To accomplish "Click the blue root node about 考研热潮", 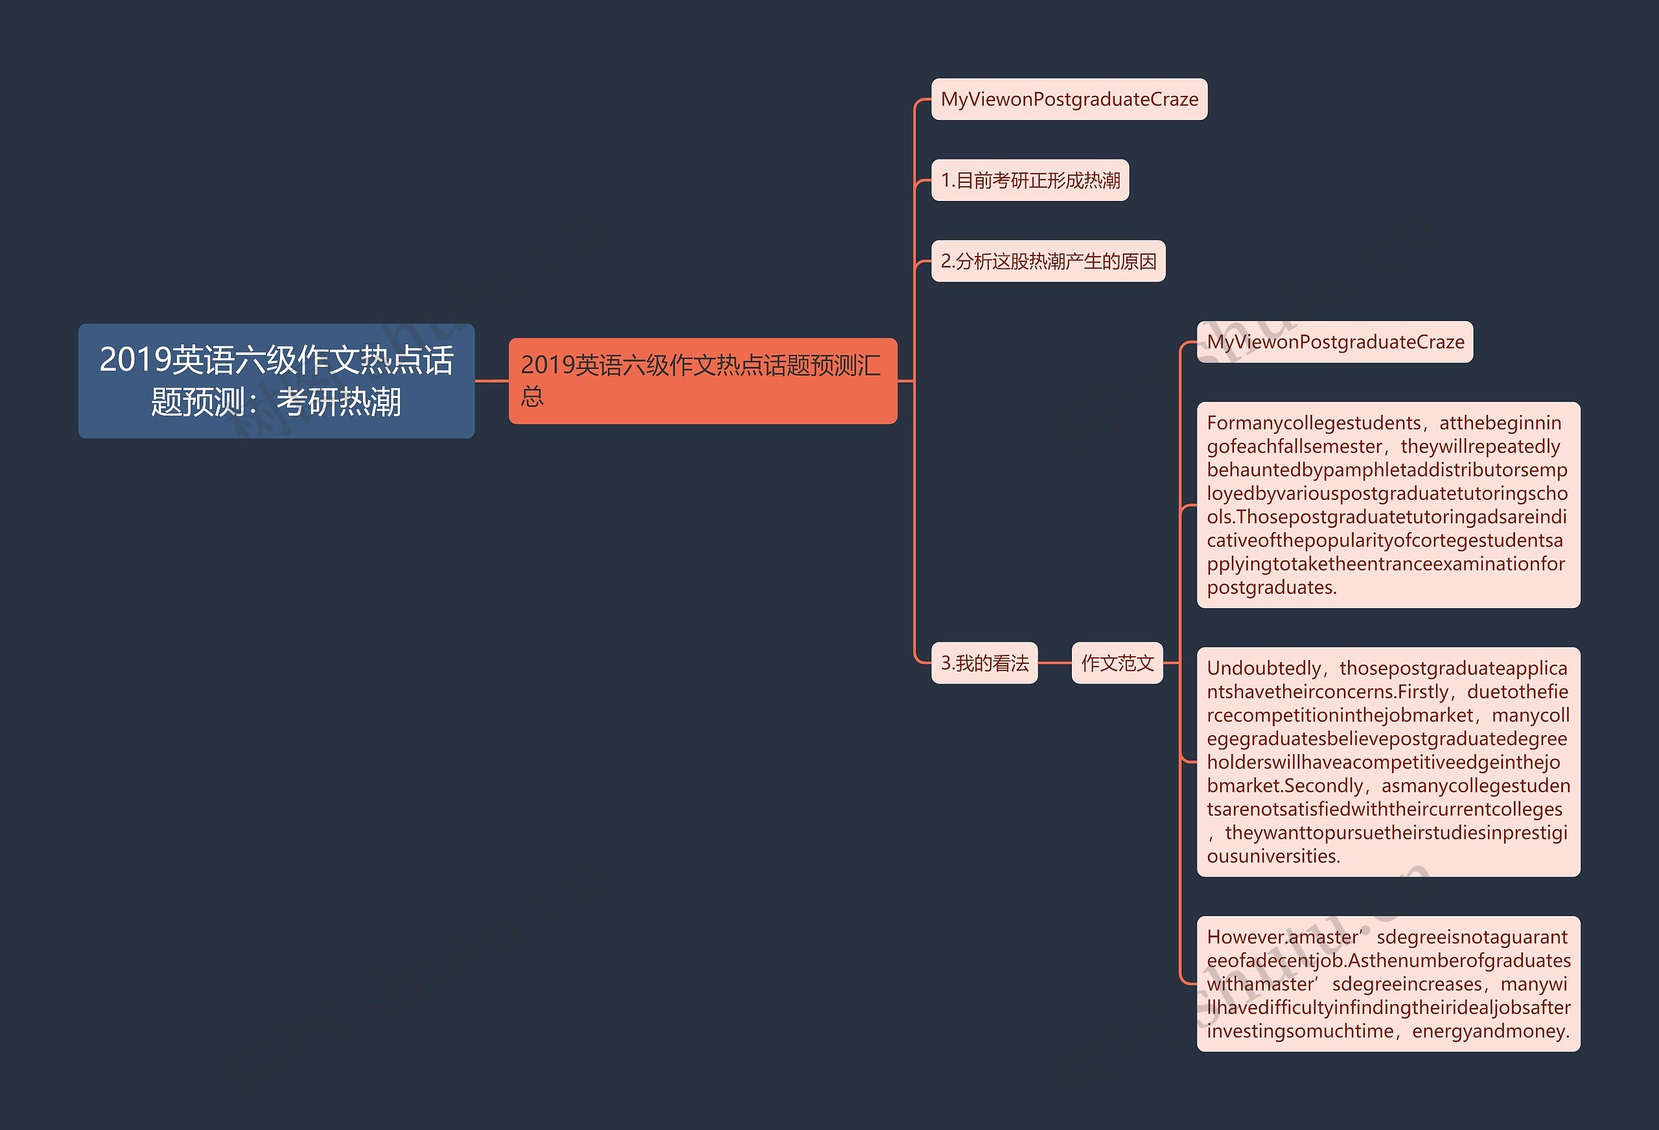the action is click(276, 381).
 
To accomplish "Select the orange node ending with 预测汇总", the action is click(702, 381).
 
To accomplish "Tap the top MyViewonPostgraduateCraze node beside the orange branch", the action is click(1069, 99).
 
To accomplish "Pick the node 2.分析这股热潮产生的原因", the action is click(1048, 261).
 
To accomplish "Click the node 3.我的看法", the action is click(984, 663).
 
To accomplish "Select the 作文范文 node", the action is click(1117, 663).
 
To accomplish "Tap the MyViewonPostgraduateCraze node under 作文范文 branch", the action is click(1335, 342).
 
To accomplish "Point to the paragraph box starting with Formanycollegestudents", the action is click(1387, 505).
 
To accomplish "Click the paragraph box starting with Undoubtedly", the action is click(1387, 761).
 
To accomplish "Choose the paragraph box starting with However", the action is click(1387, 983).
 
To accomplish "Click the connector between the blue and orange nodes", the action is click(492, 381).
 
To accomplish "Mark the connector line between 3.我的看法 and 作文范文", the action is click(1054, 663).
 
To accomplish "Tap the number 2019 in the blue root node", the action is click(135, 359).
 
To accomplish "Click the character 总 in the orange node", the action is click(533, 395).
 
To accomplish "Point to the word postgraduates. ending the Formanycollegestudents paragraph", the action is click(1271, 588).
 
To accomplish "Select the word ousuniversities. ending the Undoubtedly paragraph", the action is click(1273, 856).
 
